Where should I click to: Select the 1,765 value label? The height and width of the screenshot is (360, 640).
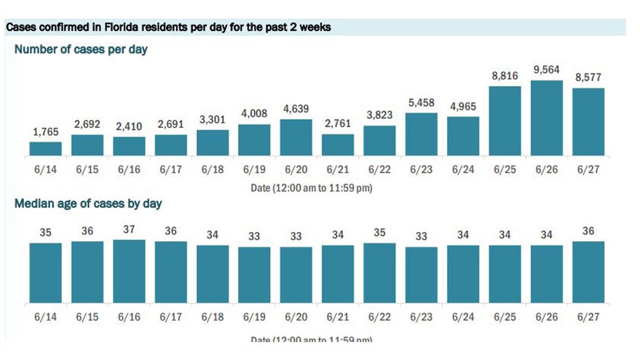pos(45,132)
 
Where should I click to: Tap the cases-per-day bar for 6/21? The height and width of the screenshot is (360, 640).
pos(338,146)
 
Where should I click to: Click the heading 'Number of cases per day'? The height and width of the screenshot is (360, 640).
pos(81,49)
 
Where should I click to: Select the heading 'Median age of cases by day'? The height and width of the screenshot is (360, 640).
pos(88,204)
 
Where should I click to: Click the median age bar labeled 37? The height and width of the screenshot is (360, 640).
pos(129,271)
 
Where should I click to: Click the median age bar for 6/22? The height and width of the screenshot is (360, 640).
pos(380,272)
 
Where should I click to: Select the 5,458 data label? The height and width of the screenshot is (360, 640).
pos(422,102)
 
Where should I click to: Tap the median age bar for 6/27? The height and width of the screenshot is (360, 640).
pos(588,271)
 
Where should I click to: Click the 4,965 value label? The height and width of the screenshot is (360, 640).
pos(464,106)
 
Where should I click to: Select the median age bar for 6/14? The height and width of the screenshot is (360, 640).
pos(45,272)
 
